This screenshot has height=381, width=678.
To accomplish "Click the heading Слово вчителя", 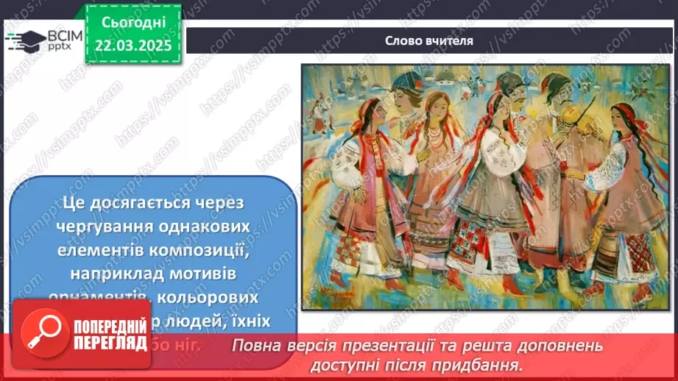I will [428, 40].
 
